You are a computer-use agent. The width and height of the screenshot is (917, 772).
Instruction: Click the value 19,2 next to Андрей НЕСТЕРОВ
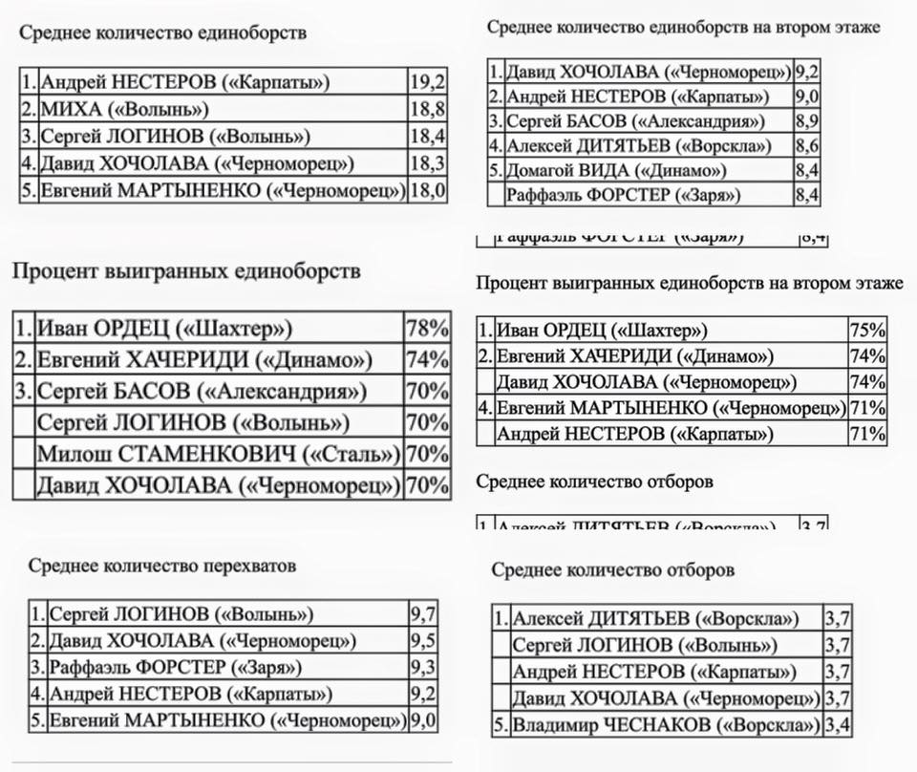click(427, 82)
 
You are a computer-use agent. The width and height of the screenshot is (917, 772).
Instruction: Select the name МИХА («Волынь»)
click(124, 109)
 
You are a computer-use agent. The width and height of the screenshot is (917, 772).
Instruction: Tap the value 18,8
click(427, 109)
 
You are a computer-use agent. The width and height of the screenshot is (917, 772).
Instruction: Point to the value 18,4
click(427, 137)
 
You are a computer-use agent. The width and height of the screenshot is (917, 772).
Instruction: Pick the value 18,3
click(427, 163)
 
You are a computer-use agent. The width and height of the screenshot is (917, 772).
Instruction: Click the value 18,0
click(427, 190)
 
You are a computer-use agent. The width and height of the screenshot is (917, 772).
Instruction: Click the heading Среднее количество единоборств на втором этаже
click(683, 27)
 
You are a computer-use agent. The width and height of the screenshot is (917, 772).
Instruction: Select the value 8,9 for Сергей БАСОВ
click(808, 121)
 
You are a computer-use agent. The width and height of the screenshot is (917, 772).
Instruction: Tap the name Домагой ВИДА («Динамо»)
click(616, 171)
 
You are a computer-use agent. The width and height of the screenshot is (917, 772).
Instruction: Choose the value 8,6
click(808, 146)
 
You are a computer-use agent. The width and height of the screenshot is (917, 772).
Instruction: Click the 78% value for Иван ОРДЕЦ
click(427, 330)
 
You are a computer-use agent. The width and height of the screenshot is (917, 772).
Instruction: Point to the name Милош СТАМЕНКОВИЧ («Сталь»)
click(217, 454)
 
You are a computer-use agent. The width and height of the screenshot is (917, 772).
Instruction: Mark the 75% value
click(867, 331)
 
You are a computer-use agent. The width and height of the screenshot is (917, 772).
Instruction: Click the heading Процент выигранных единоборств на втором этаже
click(689, 284)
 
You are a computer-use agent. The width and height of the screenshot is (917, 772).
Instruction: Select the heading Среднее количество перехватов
click(162, 566)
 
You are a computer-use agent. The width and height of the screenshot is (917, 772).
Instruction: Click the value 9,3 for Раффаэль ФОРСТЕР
click(423, 667)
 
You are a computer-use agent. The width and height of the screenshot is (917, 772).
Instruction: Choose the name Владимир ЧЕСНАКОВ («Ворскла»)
click(666, 725)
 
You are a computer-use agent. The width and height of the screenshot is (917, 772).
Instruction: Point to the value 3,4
click(837, 725)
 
